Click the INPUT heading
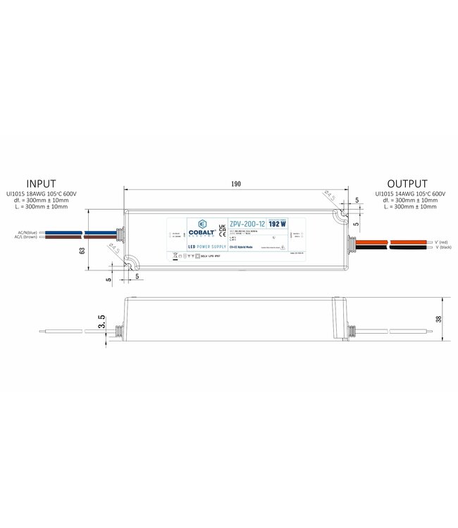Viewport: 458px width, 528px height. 40,184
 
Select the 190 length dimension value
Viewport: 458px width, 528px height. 235,184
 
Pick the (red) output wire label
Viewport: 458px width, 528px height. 445,241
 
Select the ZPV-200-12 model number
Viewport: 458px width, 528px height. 247,224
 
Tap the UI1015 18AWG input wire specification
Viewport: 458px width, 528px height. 40,194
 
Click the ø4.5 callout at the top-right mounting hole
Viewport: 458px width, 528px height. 328,195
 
